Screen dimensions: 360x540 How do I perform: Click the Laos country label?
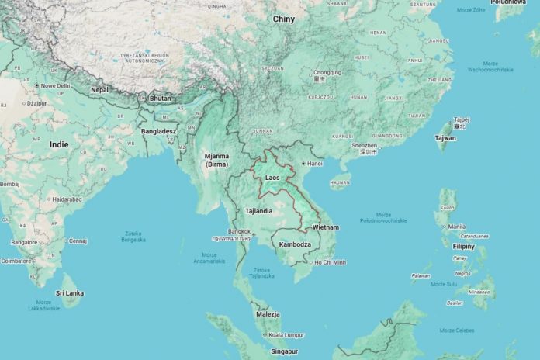[x=272, y=178]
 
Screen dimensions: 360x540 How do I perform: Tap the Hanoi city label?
[x=314, y=164]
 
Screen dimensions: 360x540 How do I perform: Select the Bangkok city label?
[x=240, y=231]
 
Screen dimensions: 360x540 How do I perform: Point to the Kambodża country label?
[x=295, y=244]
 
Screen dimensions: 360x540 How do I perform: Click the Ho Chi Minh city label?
[x=330, y=262]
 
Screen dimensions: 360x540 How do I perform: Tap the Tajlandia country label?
[x=258, y=210]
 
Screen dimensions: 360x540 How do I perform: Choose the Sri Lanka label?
[x=70, y=293]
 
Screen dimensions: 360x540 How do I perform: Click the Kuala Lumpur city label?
[x=283, y=335]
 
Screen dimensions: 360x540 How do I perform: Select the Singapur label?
[x=285, y=352]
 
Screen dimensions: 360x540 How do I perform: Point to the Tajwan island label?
[x=445, y=137]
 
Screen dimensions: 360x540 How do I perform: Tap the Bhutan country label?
[x=160, y=99]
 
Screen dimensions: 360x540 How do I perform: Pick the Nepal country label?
[x=99, y=90]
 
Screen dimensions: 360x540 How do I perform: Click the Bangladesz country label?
[x=159, y=131]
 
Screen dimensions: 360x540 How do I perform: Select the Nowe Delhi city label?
[x=55, y=85]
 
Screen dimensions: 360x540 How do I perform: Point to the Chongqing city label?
[x=327, y=72]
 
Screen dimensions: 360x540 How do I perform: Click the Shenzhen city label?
[x=363, y=145]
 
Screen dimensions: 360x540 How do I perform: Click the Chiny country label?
[x=284, y=19]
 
